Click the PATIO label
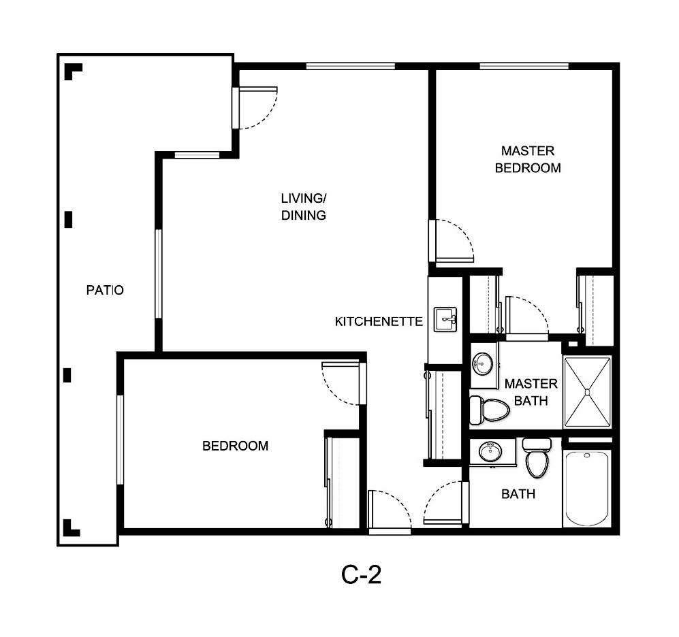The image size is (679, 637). point(105,290)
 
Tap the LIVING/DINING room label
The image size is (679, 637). point(304,207)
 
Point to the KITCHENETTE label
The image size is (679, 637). point(379,321)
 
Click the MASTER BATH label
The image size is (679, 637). point(531,392)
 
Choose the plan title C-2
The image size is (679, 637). point(361,575)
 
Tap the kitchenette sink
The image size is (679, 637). point(445,318)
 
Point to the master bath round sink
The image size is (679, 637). point(482,363)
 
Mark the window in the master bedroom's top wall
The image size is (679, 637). point(524,66)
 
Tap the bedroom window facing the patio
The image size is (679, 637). point(120,440)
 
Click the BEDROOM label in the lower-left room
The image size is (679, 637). point(235,446)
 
